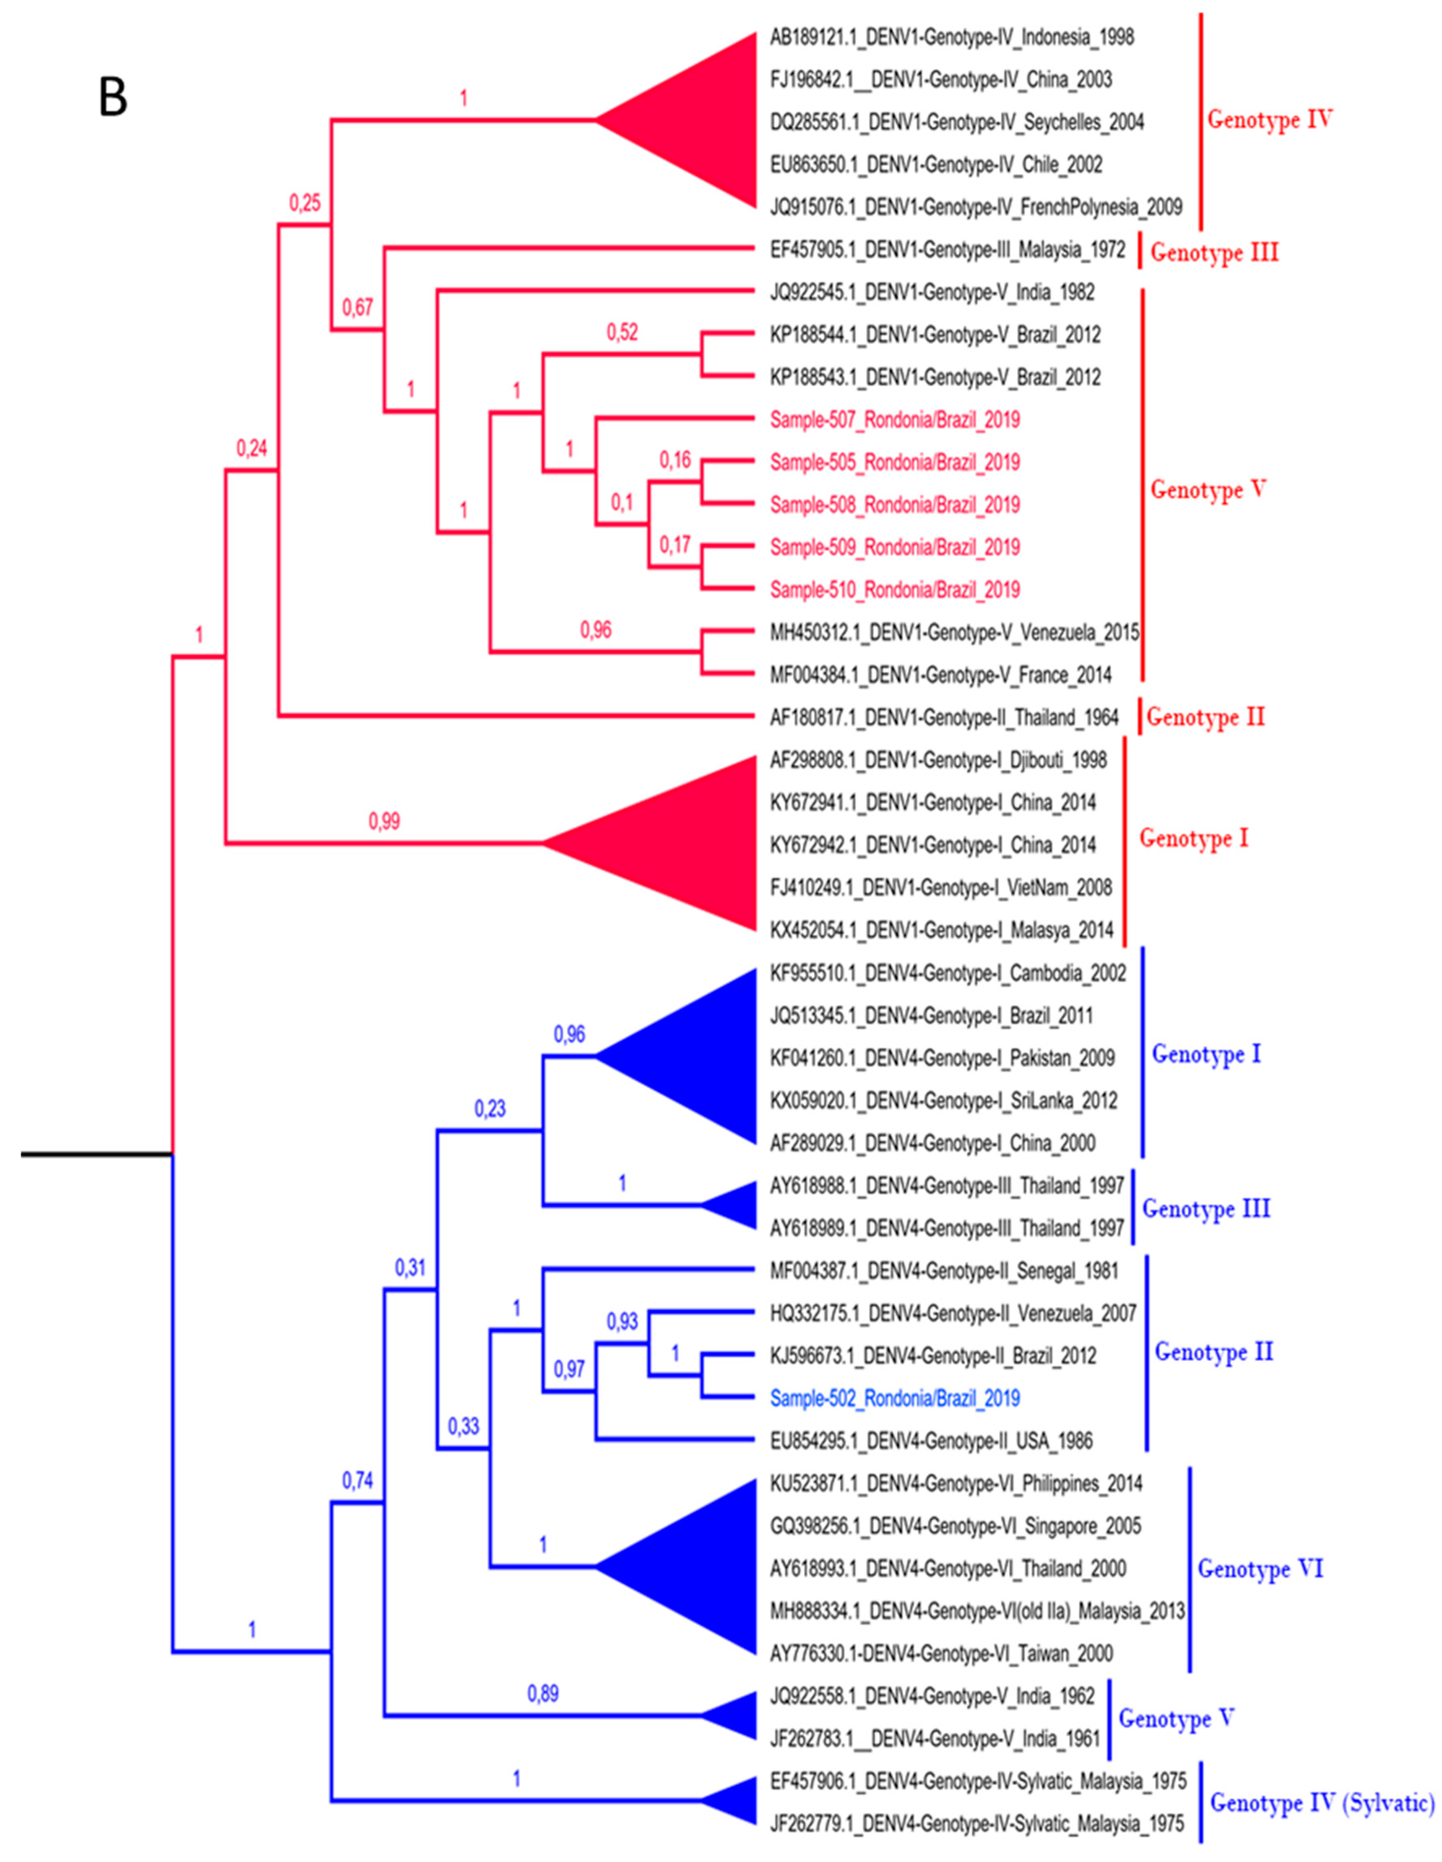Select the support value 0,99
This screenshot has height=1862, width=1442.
pyautogui.click(x=383, y=821)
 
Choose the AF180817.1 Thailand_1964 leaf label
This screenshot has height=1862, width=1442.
pyautogui.click(x=944, y=718)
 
